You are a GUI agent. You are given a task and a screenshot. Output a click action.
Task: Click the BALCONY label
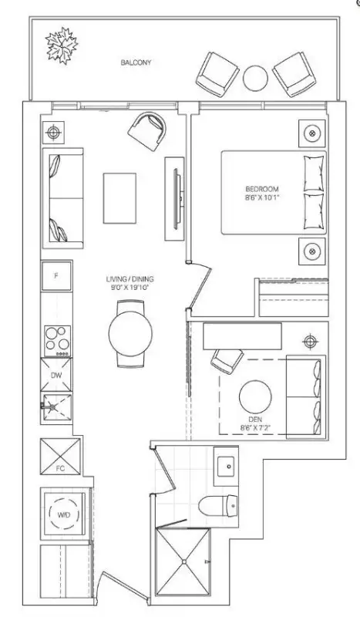point(136,62)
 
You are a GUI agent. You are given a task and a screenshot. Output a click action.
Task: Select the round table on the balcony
point(255,78)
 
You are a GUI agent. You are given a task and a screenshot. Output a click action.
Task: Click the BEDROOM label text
point(262,189)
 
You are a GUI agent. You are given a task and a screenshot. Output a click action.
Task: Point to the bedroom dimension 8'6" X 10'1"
point(262,198)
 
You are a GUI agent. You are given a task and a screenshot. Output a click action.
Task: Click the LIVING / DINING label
point(130,279)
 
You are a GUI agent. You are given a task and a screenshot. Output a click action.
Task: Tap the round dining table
point(130,334)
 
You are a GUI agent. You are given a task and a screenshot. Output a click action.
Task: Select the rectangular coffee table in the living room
point(119,198)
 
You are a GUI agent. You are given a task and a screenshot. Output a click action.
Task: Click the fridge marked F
point(56,276)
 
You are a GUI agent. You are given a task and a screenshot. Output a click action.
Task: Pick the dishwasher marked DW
point(56,375)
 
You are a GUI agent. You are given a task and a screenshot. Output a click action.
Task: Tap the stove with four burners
point(58,341)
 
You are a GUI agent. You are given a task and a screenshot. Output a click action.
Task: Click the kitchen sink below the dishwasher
point(56,407)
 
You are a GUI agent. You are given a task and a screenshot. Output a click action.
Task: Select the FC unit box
point(60,457)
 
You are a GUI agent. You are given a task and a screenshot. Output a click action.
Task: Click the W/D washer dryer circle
point(65,514)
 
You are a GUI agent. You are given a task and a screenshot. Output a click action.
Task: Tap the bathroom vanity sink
point(226,466)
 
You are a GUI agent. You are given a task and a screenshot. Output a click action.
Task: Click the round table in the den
point(255,396)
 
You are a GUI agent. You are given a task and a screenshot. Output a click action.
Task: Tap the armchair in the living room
point(147,130)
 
